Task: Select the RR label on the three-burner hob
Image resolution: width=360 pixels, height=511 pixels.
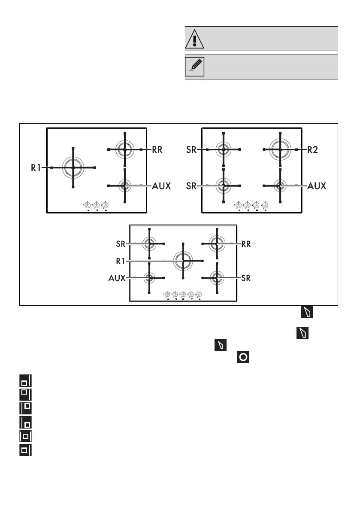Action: (159, 149)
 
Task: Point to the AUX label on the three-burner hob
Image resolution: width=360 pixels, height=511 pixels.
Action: (161, 186)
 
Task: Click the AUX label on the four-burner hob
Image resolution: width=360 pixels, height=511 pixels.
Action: (317, 186)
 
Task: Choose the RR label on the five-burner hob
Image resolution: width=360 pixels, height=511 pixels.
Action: (246, 244)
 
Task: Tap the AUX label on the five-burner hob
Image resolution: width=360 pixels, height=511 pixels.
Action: (117, 278)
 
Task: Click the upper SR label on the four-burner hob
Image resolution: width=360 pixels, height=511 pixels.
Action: (192, 149)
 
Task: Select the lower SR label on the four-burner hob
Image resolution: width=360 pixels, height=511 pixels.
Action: (192, 186)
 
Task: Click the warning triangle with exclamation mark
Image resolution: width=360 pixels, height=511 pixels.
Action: (195, 39)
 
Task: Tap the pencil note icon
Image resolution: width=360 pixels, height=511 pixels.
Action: (195, 67)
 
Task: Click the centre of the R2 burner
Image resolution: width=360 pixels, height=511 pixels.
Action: (280, 149)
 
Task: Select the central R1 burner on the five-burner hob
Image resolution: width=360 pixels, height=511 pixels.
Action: (183, 261)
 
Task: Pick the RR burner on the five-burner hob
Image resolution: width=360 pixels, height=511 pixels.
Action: (217, 243)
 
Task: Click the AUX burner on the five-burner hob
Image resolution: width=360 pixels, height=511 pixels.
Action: (149, 278)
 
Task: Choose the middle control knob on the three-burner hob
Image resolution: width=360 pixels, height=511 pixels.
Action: (97, 205)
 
